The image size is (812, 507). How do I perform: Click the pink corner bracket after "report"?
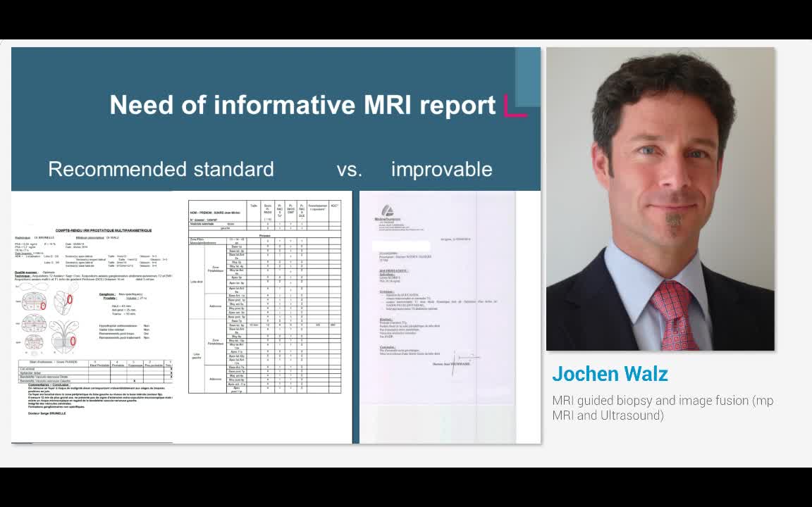click(x=515, y=106)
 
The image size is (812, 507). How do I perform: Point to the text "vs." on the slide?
click(x=349, y=169)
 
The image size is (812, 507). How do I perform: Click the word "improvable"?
click(x=441, y=169)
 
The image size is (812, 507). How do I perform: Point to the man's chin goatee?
click(x=674, y=225)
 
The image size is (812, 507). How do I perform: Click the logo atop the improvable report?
click(x=386, y=211)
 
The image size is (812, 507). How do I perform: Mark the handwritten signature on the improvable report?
click(x=462, y=358)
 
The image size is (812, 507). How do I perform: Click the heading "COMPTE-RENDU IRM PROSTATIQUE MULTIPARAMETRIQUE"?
click(x=104, y=230)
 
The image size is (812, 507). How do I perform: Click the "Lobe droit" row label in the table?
click(x=197, y=281)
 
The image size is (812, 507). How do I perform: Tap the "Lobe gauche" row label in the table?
click(x=197, y=356)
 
